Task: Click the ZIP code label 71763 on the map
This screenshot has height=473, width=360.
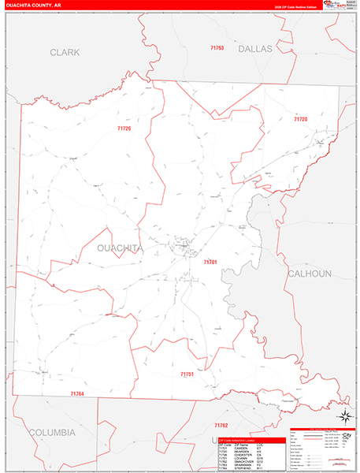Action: click(x=217, y=48)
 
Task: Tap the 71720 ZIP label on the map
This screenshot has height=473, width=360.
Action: click(x=300, y=119)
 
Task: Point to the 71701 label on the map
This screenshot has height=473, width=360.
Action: click(x=210, y=261)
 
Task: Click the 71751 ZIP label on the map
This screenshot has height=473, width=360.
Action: click(x=187, y=374)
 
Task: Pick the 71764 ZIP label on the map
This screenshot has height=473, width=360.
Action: click(x=76, y=393)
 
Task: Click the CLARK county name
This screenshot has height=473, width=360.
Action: click(x=65, y=53)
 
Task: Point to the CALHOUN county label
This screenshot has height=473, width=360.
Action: click(x=310, y=274)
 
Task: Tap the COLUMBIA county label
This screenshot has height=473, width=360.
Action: click(x=52, y=432)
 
